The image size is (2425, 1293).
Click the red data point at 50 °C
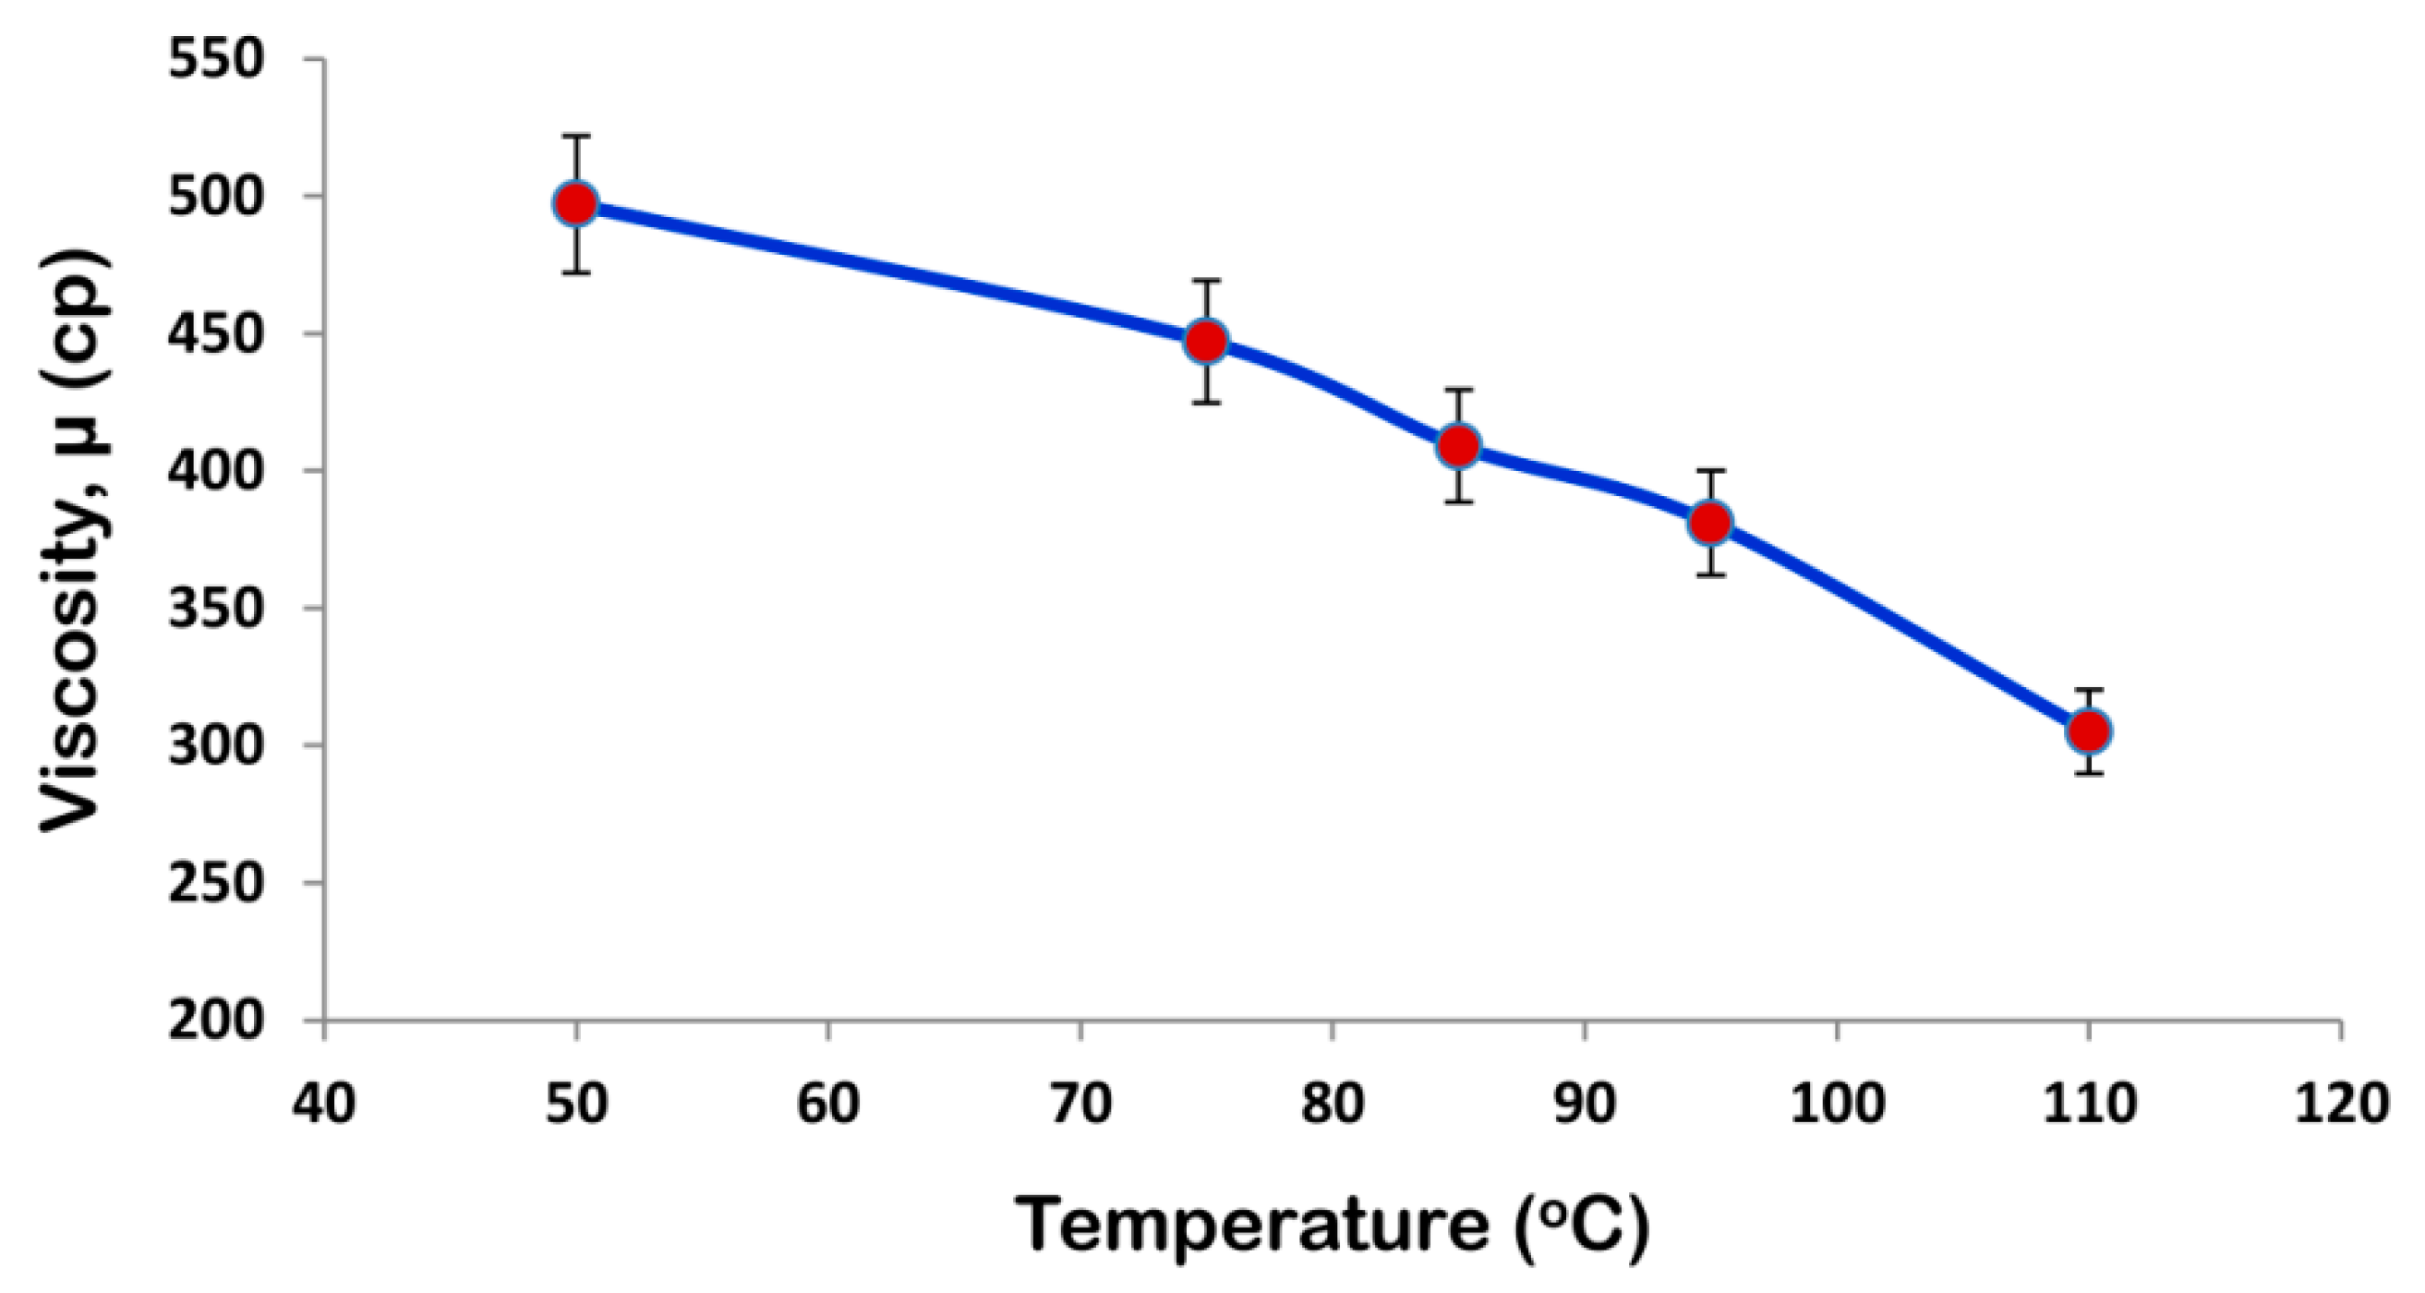pos(576,203)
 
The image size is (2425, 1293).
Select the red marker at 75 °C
pos(1206,341)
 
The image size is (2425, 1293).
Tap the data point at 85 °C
pos(1458,445)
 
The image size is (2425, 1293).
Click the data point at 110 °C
pos(2089,731)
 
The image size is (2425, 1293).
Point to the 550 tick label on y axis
pos(214,60)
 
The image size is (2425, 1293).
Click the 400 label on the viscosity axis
pos(214,471)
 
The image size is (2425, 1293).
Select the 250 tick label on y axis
pos(214,882)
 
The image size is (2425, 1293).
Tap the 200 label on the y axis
pos(214,1020)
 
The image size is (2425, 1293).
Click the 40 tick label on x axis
pos(324,1102)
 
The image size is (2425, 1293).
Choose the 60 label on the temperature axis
pos(827,1102)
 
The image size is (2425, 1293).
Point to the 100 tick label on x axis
pos(1837,1102)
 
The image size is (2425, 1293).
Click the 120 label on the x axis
pos(2341,1102)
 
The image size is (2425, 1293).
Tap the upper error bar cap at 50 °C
pos(576,137)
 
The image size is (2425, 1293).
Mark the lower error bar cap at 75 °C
pos(1206,403)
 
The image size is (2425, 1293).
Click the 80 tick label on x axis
pos(1332,1102)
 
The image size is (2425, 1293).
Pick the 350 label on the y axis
pos(214,609)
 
